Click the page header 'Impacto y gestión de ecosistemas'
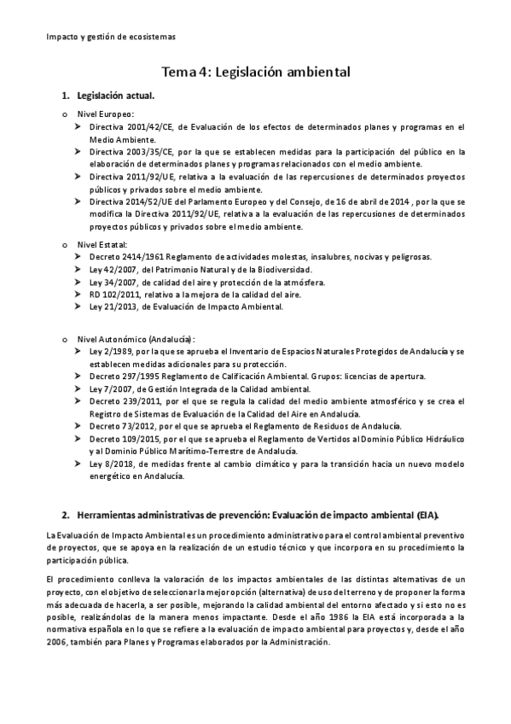(x=110, y=37)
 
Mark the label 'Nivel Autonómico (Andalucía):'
(x=136, y=338)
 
